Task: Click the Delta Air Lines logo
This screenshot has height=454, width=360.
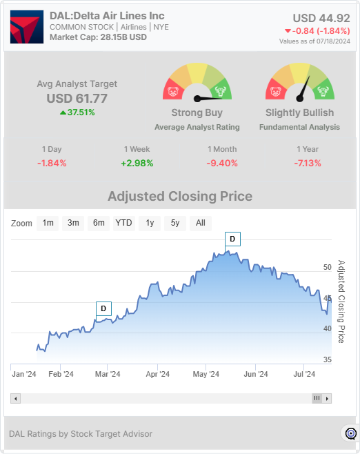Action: click(x=27, y=26)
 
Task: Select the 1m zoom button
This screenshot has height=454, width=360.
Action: click(x=48, y=223)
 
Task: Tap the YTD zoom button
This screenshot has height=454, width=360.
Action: click(x=123, y=223)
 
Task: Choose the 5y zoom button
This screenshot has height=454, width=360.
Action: click(x=174, y=223)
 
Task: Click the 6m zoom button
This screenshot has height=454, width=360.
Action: click(x=99, y=223)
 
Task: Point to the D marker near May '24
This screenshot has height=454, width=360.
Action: click(x=232, y=239)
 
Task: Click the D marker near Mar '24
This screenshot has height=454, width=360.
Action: click(x=103, y=308)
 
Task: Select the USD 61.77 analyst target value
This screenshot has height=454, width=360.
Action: click(x=77, y=99)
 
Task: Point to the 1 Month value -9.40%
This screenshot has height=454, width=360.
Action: click(x=222, y=164)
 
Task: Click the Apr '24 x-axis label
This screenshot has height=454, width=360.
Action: click(x=158, y=375)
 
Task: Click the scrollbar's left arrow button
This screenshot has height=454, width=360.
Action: click(x=16, y=398)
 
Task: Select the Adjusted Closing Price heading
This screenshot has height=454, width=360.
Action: click(x=180, y=197)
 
